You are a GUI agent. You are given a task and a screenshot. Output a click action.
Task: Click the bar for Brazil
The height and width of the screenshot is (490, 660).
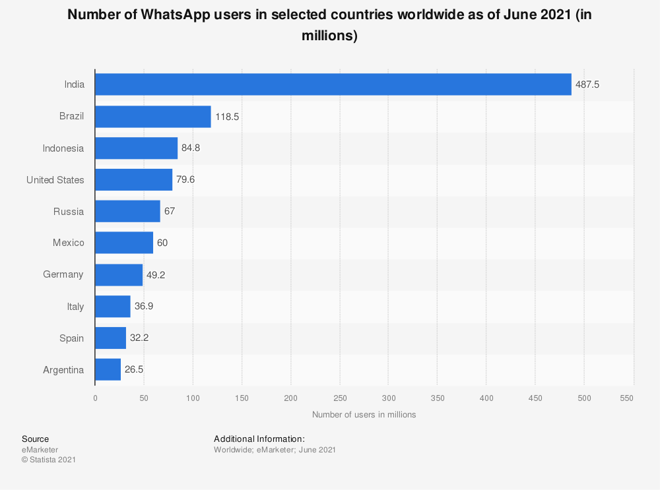[152, 117]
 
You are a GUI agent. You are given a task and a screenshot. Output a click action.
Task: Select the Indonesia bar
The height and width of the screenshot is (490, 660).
[136, 148]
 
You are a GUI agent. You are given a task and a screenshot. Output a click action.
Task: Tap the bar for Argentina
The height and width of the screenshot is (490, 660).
[108, 370]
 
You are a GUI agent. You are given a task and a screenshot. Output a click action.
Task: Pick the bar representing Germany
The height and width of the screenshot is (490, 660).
[119, 275]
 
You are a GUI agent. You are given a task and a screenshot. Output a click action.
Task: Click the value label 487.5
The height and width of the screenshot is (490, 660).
[587, 85]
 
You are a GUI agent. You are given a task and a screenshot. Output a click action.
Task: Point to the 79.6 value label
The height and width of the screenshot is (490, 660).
[186, 180]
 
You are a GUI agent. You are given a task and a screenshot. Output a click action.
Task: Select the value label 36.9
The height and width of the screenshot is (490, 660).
[144, 307]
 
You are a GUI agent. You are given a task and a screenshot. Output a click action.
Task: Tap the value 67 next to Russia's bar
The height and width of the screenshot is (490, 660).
[170, 212]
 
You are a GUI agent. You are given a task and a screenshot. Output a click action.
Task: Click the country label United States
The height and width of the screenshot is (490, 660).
[55, 180]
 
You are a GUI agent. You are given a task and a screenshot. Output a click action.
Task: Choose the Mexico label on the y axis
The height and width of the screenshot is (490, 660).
[69, 243]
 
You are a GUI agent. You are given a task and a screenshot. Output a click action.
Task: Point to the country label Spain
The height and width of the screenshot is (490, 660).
[71, 338]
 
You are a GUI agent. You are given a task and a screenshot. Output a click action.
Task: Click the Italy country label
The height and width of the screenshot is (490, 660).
[75, 307]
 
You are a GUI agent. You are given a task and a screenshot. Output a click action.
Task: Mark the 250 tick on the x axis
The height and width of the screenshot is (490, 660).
[340, 398]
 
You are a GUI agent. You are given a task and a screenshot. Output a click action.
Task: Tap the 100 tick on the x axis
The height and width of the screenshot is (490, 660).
[193, 398]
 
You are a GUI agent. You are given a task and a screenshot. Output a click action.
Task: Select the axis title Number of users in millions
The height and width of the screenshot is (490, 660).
[364, 415]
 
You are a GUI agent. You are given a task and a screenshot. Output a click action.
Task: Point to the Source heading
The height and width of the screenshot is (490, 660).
[35, 439]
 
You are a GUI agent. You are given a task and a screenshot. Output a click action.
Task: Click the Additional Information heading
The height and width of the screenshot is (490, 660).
[259, 439]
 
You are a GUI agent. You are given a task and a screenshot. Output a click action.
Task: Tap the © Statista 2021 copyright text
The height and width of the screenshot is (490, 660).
[49, 460]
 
